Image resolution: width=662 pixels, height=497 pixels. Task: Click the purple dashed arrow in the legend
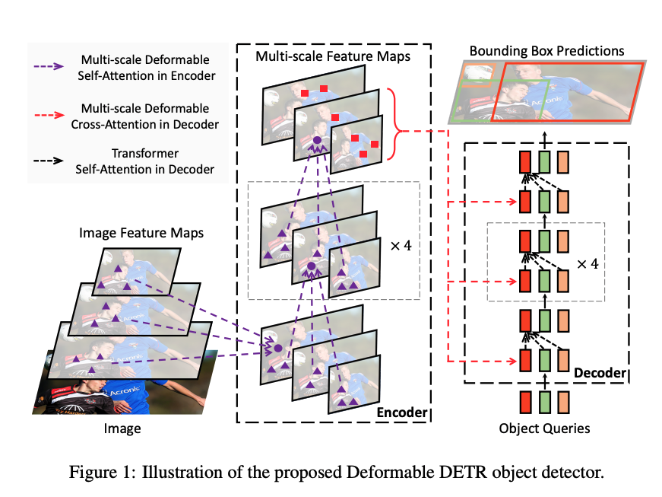coord(49,66)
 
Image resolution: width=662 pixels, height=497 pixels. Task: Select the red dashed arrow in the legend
coord(49,115)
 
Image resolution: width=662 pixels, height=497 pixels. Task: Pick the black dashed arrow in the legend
coord(49,161)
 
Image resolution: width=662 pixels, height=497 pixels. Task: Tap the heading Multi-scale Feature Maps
coord(333,56)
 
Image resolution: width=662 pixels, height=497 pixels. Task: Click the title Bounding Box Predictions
coord(546,51)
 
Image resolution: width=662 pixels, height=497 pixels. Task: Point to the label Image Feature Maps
coord(141,233)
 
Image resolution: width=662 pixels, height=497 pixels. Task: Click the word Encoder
coord(402,412)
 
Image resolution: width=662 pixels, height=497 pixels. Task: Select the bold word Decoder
coord(600,373)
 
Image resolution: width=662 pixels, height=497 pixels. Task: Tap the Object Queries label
coord(544,429)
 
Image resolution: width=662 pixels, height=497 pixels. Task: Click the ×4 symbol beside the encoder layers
coord(401,246)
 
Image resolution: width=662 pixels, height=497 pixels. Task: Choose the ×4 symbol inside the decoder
coord(588,264)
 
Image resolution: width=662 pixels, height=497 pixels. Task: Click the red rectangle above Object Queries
coord(526,402)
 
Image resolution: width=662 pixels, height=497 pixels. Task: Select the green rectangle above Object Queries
coord(545,402)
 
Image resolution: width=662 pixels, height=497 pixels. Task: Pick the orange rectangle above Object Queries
coord(563,402)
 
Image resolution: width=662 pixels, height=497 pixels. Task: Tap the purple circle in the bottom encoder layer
coord(278,349)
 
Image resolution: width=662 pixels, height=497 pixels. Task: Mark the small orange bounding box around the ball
coord(479,75)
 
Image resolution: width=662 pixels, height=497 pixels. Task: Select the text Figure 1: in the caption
coord(102,473)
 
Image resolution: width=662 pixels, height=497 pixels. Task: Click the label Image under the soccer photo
coord(122,429)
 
